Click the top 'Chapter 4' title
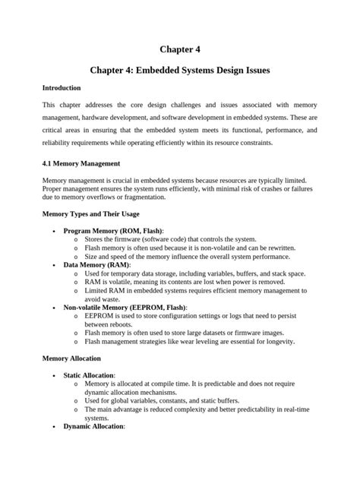tap(179, 49)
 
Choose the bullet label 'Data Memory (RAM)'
tap(96, 265)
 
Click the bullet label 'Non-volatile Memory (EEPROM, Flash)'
tap(125, 308)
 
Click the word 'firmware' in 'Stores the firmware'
tap(130, 239)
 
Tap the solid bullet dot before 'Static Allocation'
tap(52, 375)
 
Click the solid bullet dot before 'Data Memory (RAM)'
tap(52, 265)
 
